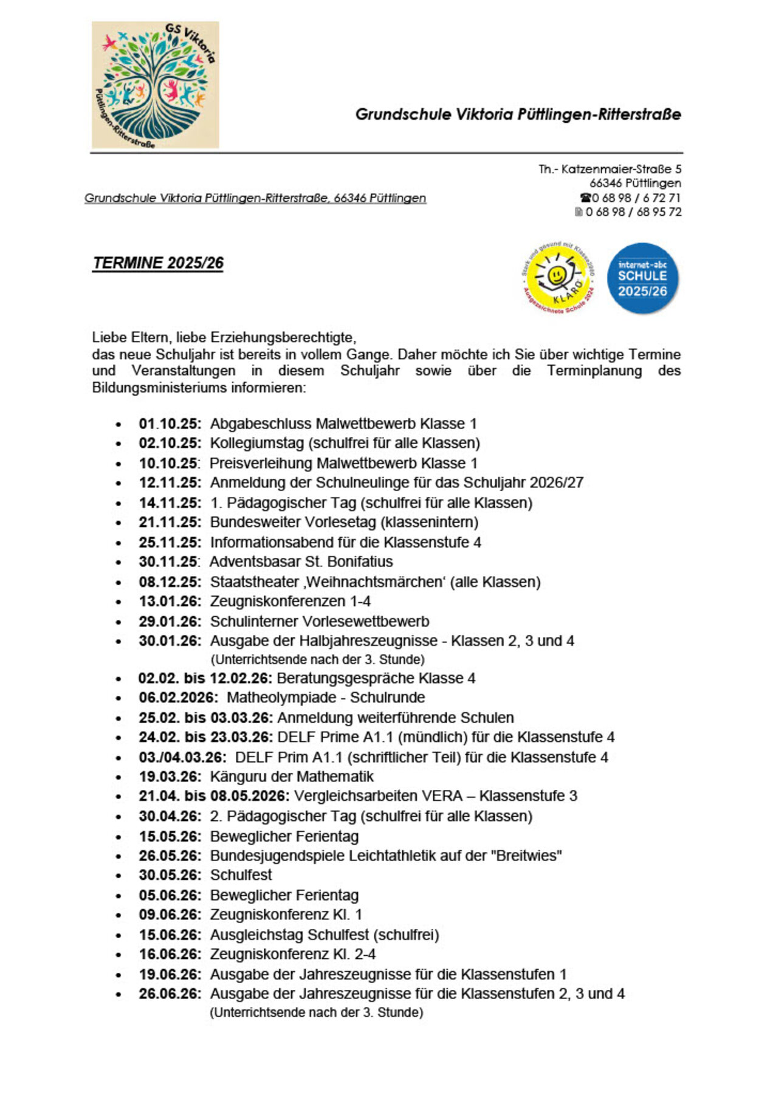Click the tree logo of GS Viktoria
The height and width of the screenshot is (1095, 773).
155,85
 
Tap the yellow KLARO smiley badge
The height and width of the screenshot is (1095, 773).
558,277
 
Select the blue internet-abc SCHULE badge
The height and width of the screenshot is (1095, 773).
642,278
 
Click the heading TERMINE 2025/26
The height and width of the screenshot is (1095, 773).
158,263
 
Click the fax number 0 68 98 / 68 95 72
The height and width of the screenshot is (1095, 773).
633,212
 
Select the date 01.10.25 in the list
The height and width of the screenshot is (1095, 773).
169,424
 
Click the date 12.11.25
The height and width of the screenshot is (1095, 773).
169,482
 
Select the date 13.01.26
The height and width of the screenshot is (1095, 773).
169,601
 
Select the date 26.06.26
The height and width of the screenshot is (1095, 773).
169,994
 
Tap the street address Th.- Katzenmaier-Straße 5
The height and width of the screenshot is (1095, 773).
610,169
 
